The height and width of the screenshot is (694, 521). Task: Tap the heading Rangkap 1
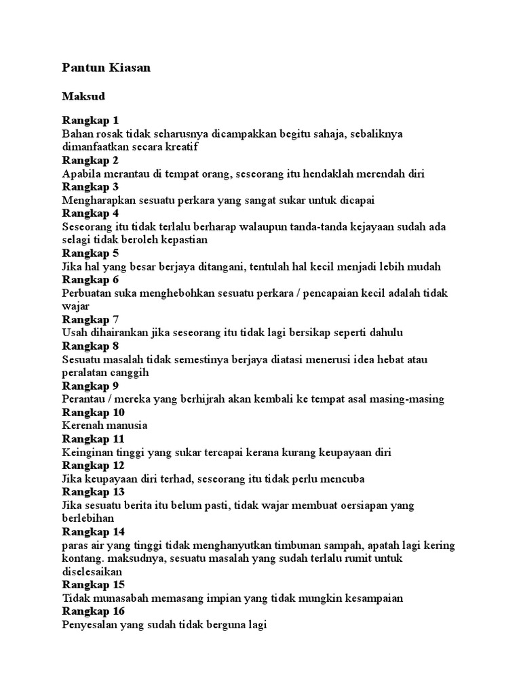coord(90,120)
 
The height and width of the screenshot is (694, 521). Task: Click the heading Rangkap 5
coord(90,253)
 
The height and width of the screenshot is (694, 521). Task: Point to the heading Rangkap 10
coord(93,412)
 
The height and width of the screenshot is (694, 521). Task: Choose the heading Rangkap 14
coord(93,531)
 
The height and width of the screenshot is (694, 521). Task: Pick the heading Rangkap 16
coord(93,611)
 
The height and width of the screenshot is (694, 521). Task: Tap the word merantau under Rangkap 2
coord(126,173)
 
